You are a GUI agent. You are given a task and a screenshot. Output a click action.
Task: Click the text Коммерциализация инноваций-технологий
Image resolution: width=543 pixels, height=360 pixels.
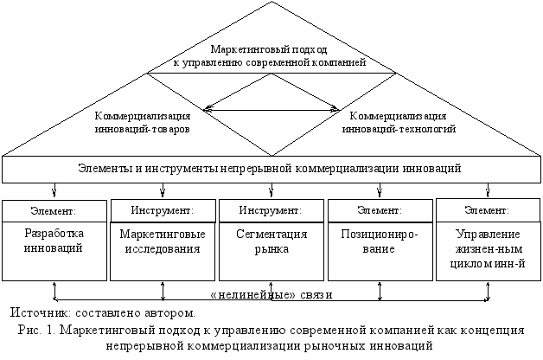(397, 121)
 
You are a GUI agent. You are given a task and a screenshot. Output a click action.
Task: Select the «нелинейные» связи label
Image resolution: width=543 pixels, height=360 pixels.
(271, 295)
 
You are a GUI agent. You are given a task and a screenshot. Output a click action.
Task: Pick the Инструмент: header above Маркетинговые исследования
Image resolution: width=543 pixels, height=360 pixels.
(163, 210)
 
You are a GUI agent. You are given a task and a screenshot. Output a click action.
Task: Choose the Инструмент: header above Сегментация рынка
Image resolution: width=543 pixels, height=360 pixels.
(271, 210)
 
